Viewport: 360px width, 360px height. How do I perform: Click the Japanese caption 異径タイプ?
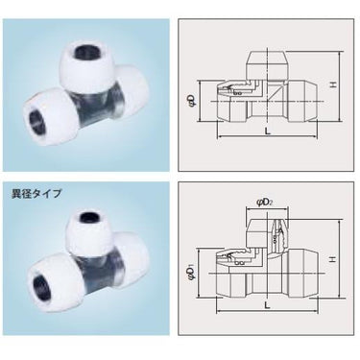click(x=36, y=194)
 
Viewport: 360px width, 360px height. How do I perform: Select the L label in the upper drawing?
click(x=268, y=132)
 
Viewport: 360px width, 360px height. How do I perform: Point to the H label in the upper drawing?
click(x=334, y=85)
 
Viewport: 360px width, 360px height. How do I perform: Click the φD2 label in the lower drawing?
click(x=264, y=203)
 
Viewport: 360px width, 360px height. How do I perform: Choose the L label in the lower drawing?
click(x=268, y=305)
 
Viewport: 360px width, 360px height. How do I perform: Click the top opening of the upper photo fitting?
click(x=86, y=51)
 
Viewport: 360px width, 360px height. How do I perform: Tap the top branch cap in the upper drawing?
click(x=267, y=65)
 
